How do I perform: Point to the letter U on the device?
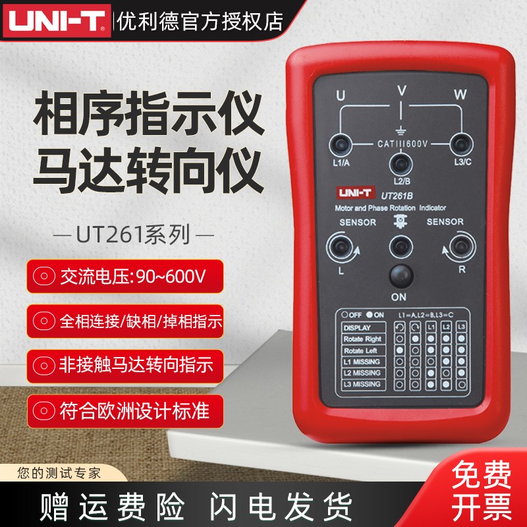(x=341, y=96)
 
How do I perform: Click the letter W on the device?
(x=459, y=95)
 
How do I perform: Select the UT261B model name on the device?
(x=398, y=193)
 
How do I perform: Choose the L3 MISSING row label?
(x=362, y=384)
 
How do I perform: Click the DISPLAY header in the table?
(x=358, y=327)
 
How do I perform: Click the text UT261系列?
(x=131, y=234)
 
